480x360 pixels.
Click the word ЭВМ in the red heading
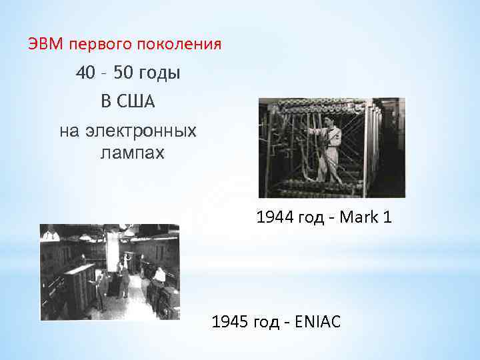click(x=45, y=45)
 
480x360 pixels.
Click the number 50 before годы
click(x=124, y=73)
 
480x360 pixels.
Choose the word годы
click(x=161, y=73)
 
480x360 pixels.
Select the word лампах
click(x=132, y=153)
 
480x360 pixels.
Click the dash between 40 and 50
click(x=105, y=73)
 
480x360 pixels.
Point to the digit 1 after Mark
click(x=386, y=217)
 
